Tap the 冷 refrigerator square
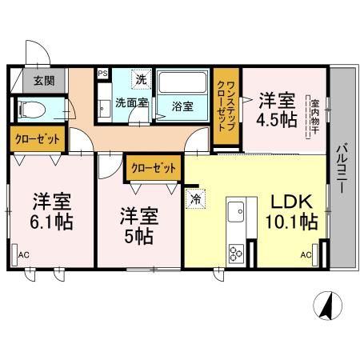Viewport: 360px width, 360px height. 195,198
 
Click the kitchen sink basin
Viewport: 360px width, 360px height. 238,213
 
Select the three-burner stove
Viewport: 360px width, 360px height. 237,255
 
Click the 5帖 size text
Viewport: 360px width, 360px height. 139,237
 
